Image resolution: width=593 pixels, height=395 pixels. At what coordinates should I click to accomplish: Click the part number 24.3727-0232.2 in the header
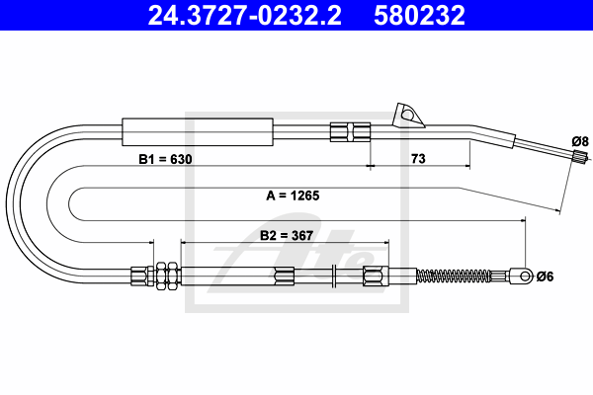[x=245, y=15]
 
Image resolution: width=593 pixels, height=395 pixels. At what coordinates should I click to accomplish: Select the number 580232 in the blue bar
[x=419, y=15]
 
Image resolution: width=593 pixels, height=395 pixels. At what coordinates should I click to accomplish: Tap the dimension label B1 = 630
[x=165, y=159]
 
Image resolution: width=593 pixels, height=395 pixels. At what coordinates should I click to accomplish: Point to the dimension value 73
[x=418, y=158]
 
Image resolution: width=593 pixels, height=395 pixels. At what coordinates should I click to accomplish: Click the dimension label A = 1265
[x=293, y=196]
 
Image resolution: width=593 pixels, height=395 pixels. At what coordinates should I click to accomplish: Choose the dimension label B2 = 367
[x=287, y=235]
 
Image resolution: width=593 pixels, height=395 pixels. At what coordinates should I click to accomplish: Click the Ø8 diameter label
[x=580, y=142]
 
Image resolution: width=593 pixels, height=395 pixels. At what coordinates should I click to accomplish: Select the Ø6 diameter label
[x=545, y=276]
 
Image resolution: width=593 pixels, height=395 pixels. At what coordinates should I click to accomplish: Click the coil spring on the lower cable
[x=453, y=276]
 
